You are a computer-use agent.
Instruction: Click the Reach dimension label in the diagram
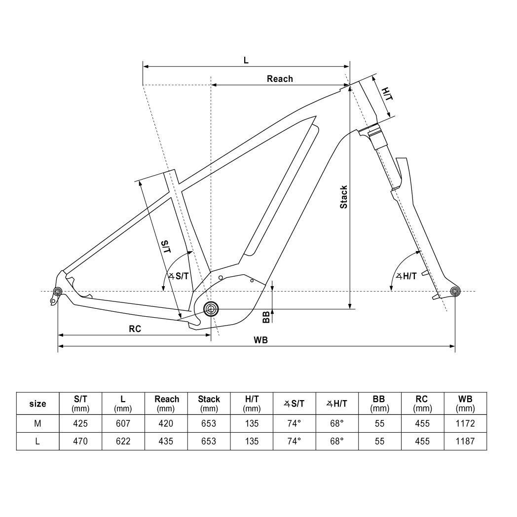coord(280,79)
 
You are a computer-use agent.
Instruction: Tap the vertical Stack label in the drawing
coord(344,197)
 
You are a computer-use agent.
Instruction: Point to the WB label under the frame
coord(261,340)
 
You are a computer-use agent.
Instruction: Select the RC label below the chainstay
coord(135,329)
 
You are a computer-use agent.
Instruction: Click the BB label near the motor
coord(266,317)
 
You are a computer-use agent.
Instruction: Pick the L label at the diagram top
coord(246,60)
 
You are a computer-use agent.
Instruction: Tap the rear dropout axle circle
coord(58,292)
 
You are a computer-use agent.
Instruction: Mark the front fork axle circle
coord(455,291)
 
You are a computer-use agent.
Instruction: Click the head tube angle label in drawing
coord(406,276)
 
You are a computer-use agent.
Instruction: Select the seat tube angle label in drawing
coord(179,276)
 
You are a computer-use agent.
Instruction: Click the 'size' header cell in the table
coord(37,404)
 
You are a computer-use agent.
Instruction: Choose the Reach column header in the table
coord(167,403)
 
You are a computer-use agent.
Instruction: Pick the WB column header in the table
coord(465,403)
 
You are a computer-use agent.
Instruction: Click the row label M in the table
coord(37,423)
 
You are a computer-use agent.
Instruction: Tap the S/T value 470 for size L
coord(80,441)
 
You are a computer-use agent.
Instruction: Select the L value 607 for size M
coord(123,423)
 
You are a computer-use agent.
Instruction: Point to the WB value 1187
coord(465,441)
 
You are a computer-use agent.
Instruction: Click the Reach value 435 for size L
coord(167,441)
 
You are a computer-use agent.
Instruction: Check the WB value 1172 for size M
coord(465,423)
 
